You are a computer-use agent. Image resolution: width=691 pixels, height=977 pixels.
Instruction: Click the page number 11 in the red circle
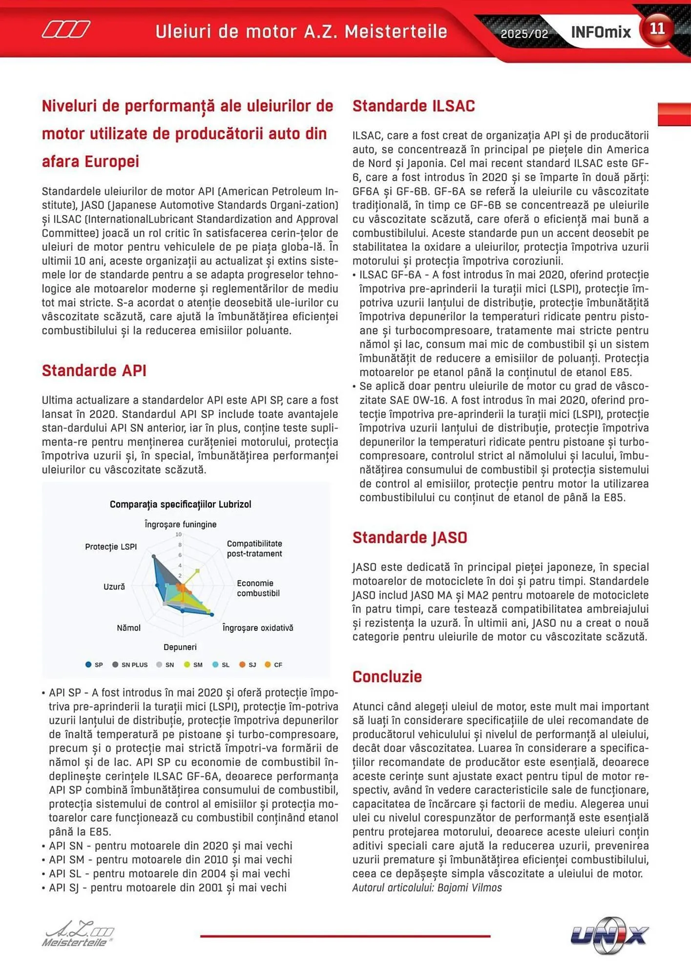tap(657, 29)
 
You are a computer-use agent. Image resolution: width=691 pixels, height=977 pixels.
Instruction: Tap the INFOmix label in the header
tap(601, 32)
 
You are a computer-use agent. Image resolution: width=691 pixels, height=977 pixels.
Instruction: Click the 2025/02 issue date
tap(524, 34)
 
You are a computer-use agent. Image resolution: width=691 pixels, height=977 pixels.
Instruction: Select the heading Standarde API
tap(94, 370)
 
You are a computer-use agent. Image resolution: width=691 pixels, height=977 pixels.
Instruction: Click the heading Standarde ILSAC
tap(413, 106)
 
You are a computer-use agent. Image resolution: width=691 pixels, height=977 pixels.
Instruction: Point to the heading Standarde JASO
tap(409, 537)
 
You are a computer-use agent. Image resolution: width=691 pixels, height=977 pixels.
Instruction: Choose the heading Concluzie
tap(387, 677)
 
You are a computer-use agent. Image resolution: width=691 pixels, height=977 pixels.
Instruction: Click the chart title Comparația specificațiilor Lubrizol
tap(180, 504)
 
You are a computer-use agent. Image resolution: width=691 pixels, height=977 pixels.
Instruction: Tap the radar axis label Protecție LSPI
tap(111, 547)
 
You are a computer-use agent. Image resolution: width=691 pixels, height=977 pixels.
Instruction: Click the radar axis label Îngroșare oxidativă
tap(257, 628)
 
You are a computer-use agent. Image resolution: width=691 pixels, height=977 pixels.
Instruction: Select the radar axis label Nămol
tap(128, 628)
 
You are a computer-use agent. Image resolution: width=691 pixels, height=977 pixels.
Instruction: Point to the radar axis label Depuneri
tap(180, 647)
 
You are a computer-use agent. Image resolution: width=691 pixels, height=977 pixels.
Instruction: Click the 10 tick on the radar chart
tap(178, 534)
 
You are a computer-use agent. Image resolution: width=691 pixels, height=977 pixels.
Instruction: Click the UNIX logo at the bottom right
tap(609, 935)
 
